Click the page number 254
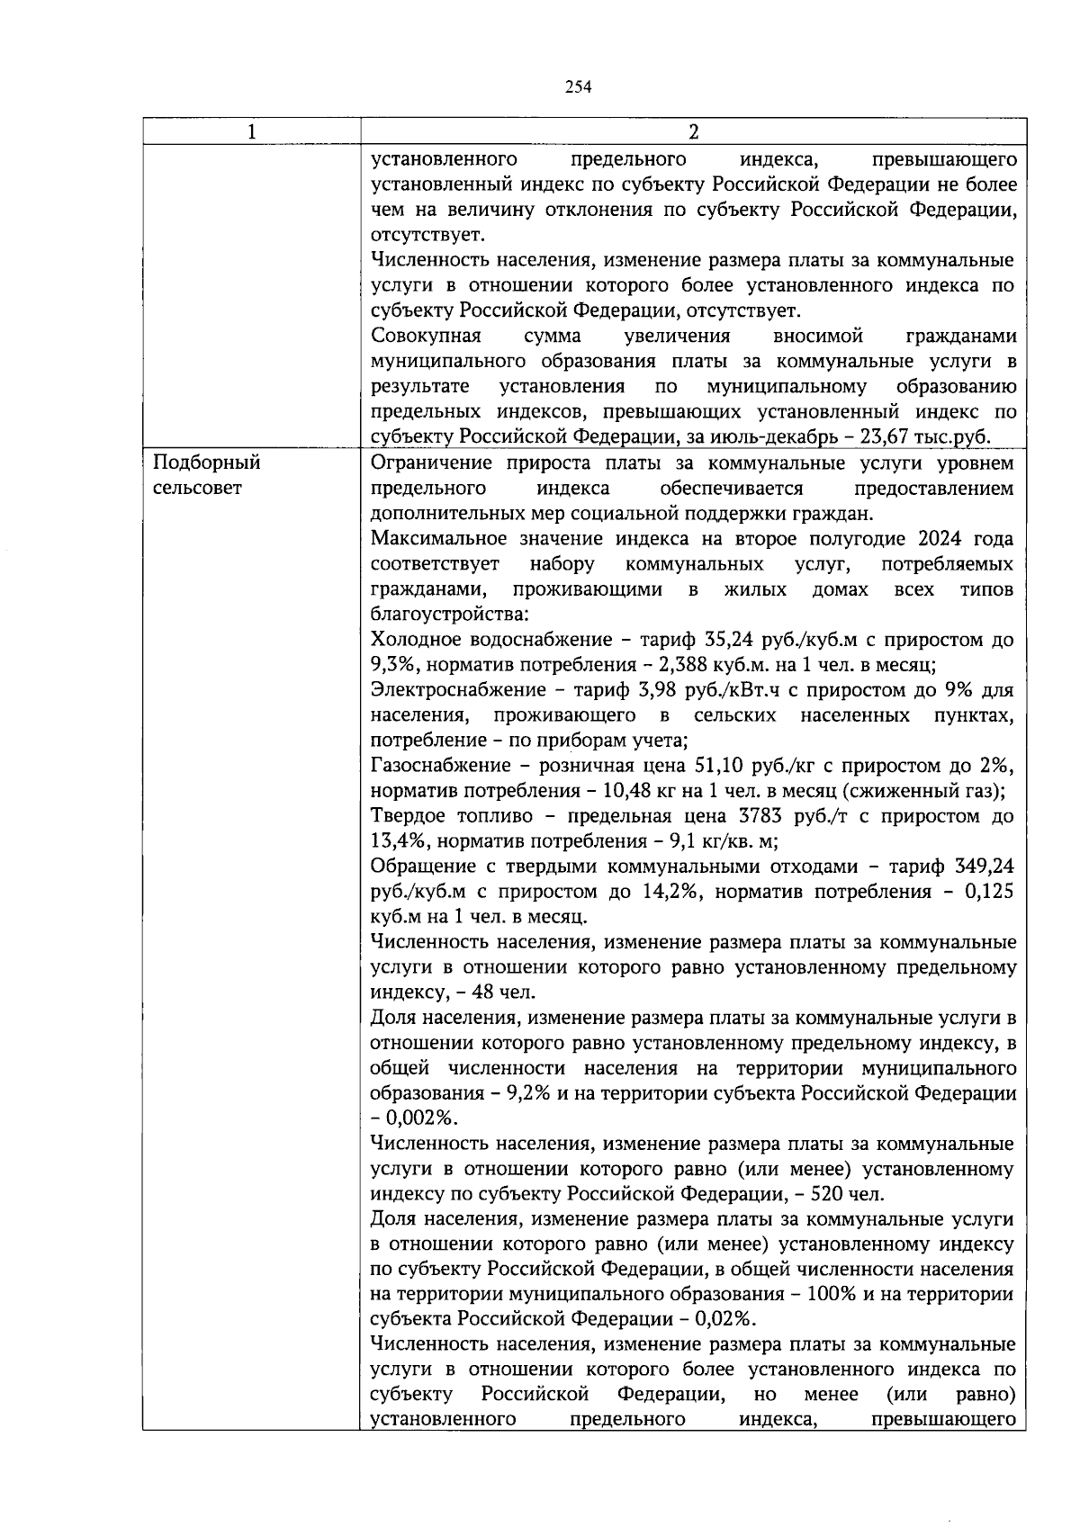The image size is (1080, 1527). click(578, 86)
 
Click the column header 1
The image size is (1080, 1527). click(251, 131)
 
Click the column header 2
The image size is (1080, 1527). click(693, 131)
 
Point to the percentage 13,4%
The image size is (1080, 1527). click(399, 841)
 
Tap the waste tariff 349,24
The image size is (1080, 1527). click(985, 867)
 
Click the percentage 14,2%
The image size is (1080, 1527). click(668, 892)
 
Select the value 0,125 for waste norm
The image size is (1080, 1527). click(988, 892)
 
